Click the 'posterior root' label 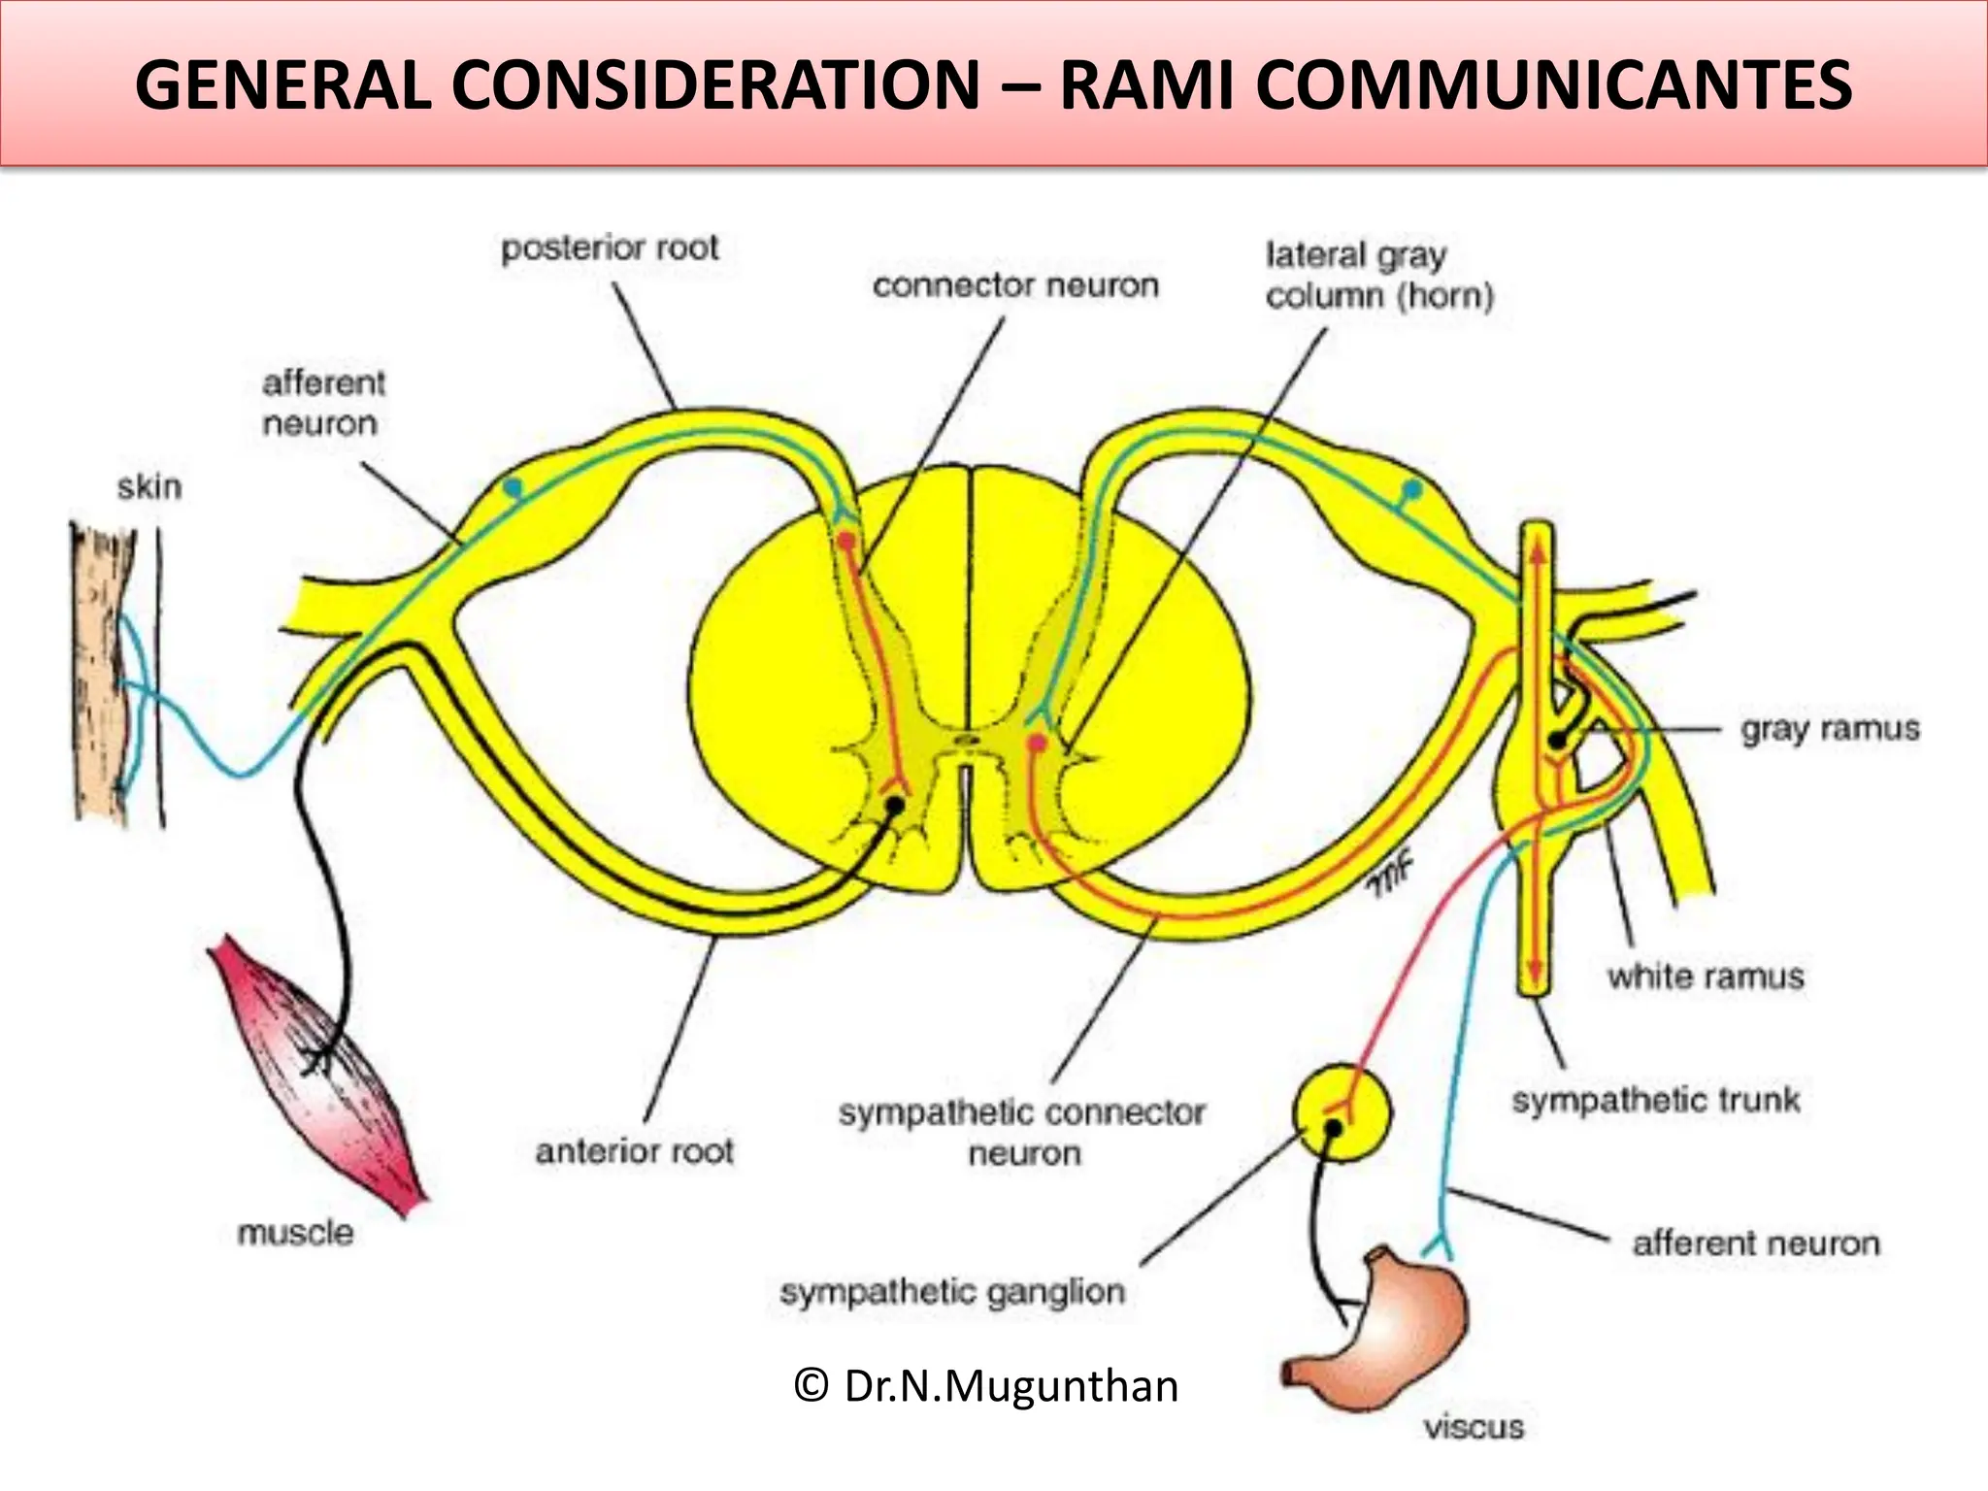610,248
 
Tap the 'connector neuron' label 1015,285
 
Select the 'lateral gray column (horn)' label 1378,276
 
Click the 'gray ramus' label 1829,728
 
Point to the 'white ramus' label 1706,976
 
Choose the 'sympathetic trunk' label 1655,1100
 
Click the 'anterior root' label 634,1151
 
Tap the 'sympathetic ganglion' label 952,1292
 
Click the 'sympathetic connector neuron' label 1022,1132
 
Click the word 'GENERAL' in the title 283,84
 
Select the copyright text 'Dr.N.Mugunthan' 986,1385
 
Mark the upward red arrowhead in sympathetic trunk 1537,550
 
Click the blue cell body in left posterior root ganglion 513,485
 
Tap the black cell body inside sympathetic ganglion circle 1333,1128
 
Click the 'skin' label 149,486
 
